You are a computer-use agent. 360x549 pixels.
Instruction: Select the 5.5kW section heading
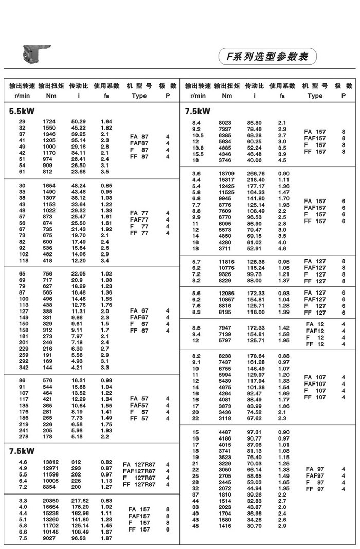pyautogui.click(x=22, y=110)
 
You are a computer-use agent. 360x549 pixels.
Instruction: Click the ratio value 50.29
pyautogui.click(x=79, y=121)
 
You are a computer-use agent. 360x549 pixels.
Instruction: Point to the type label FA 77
pyautogui.click(x=139, y=213)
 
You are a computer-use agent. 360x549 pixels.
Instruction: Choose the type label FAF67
pyautogui.click(x=139, y=318)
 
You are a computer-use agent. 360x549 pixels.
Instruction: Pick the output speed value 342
pyautogui.click(x=24, y=368)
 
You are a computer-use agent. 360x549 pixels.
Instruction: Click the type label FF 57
pyautogui.click(x=139, y=419)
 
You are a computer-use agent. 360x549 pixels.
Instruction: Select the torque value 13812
pyautogui.click(x=50, y=462)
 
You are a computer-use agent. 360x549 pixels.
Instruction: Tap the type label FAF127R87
pyautogui.click(x=139, y=471)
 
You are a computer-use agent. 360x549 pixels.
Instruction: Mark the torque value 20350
pyautogui.click(x=50, y=500)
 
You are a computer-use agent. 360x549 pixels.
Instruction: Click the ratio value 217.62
pyautogui.click(x=80, y=500)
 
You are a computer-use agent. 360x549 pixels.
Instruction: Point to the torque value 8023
pyautogui.click(x=226, y=123)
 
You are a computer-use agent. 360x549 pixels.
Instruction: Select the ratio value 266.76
pyautogui.click(x=256, y=174)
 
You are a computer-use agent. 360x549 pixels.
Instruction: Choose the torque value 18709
pyautogui.click(x=227, y=174)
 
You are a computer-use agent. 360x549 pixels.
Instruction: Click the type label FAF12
pyautogui.click(x=316, y=331)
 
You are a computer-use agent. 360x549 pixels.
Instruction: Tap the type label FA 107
pyautogui.click(x=315, y=377)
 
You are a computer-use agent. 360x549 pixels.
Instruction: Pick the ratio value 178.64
pyautogui.click(x=256, y=356)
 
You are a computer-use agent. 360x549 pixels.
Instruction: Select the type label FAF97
pyautogui.click(x=315, y=476)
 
